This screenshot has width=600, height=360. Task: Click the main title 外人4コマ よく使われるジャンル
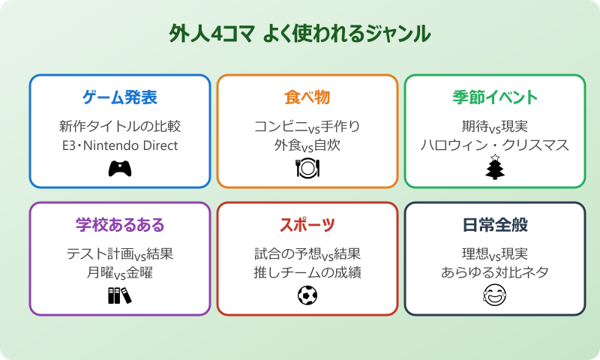300,34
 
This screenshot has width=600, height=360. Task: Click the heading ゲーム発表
120,97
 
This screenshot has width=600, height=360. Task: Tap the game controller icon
120,169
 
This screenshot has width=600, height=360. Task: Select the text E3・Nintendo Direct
120,145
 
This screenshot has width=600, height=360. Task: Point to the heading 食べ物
307,97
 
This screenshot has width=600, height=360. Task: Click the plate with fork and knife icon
307,169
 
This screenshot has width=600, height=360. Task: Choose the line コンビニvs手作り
307,126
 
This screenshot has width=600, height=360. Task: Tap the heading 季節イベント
495,97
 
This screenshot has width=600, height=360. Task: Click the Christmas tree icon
495,168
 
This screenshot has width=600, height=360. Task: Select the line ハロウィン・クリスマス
495,145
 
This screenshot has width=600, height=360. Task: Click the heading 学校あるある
120,225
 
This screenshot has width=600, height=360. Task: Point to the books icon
119,296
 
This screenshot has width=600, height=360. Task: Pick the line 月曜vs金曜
120,273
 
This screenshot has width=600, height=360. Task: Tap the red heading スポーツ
307,225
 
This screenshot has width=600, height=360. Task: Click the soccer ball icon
307,296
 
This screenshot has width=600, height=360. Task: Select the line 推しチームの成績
307,273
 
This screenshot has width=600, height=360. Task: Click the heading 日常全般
495,225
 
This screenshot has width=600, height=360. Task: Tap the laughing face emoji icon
495,296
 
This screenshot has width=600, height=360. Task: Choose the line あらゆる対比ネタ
495,273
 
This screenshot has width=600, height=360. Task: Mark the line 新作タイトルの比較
120,126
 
